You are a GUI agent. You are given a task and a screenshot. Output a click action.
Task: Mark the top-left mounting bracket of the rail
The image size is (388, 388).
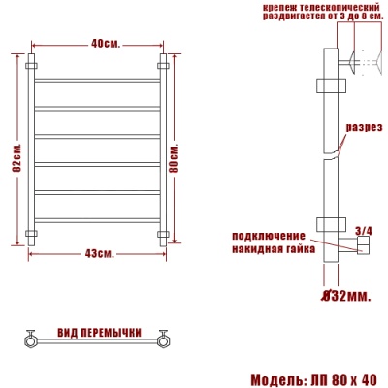point(32,67)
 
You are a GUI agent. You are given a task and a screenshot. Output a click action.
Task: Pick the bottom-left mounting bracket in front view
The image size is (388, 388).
point(32,233)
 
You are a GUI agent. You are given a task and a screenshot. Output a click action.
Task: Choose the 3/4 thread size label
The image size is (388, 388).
point(364,230)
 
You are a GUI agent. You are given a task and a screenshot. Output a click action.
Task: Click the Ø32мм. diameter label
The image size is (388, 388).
point(345,294)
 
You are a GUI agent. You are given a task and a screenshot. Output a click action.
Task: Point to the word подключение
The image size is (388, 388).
point(269,236)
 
